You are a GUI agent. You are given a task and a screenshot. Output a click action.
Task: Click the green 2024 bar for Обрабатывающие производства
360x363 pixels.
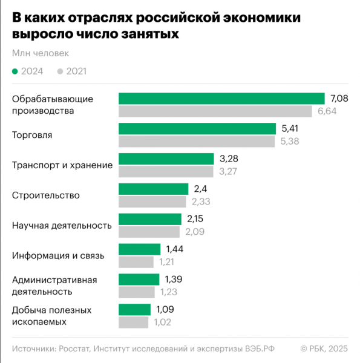tap(221, 99)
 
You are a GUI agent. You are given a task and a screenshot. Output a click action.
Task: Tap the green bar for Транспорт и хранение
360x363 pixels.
tap(166, 159)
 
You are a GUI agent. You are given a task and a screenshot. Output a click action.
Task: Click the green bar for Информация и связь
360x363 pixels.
tap(139, 249)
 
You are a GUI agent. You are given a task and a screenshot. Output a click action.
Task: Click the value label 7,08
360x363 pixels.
tap(340, 99)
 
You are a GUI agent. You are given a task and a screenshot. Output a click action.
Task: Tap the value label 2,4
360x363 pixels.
tap(200, 189)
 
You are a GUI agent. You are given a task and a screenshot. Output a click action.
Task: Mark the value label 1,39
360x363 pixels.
tap(174, 280)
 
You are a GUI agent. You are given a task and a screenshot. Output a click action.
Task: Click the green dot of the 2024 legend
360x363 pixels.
tap(15, 71)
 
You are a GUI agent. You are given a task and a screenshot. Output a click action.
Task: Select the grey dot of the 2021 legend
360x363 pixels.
tap(60, 71)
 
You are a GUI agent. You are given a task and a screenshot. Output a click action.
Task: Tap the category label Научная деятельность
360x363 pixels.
tap(62, 226)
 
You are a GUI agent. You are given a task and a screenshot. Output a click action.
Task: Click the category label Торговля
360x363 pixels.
tap(32, 135)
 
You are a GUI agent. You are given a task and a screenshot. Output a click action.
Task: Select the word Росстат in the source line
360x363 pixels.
tap(73, 348)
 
